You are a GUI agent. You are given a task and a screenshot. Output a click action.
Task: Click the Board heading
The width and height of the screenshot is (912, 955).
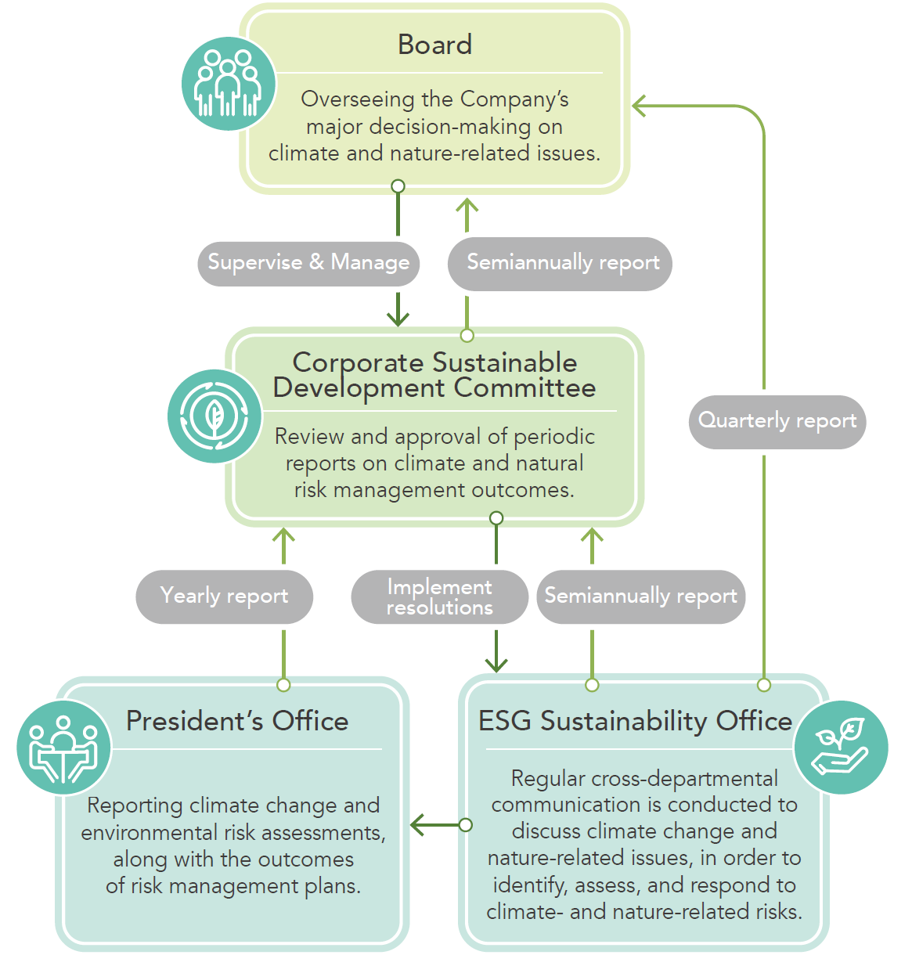tap(434, 45)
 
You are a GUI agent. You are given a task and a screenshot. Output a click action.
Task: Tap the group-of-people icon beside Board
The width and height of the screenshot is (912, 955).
tap(228, 84)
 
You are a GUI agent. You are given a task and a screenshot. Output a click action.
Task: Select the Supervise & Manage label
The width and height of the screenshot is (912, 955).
tap(308, 262)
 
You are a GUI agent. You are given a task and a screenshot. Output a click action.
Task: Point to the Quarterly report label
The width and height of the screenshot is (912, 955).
tap(777, 421)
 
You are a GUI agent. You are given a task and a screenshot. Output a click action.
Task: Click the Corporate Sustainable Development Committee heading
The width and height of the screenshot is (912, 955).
tap(434, 375)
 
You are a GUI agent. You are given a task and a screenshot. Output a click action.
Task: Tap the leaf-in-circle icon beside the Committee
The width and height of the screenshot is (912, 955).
tap(214, 416)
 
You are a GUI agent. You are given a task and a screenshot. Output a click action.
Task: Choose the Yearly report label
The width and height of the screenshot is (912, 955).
tap(224, 596)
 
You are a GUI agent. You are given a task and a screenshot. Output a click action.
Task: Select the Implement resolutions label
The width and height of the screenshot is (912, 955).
tap(439, 596)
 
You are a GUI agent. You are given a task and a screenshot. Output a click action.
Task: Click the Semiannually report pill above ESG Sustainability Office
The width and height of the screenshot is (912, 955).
tap(640, 596)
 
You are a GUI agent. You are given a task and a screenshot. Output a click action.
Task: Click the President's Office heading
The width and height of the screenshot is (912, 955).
tap(237, 721)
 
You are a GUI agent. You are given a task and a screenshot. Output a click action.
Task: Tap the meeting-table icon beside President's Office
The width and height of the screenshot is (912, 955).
tap(63, 748)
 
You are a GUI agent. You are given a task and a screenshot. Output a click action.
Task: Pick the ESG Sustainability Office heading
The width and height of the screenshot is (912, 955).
tap(635, 721)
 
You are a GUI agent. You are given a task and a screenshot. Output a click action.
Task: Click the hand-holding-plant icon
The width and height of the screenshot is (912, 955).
tap(841, 747)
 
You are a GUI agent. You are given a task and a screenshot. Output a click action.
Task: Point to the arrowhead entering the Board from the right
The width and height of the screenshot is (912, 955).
tap(639, 106)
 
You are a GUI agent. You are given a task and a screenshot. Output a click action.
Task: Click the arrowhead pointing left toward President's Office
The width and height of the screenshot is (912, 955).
tap(417, 825)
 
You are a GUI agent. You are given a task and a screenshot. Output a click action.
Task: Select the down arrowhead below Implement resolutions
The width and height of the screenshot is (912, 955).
tap(496, 665)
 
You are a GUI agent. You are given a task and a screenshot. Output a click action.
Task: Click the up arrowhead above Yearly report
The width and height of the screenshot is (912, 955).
tap(283, 536)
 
